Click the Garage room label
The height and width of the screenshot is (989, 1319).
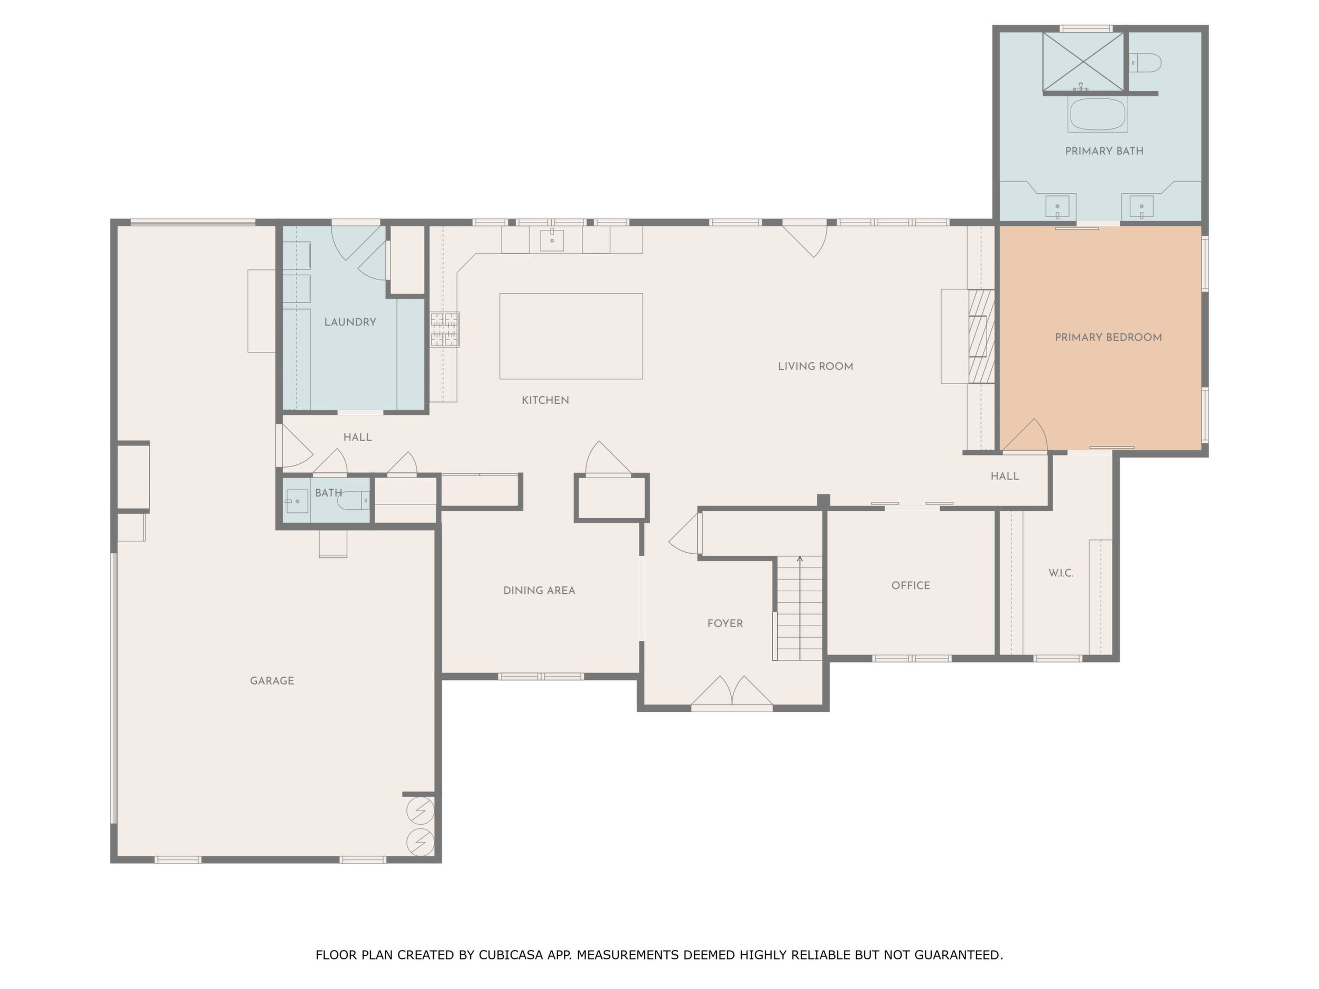[x=272, y=681]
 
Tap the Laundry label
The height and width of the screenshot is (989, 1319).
[x=350, y=322]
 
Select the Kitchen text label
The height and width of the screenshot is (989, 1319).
[x=545, y=400]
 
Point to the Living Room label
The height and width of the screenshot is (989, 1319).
[x=815, y=367]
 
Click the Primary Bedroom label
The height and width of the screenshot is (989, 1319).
[x=1108, y=338]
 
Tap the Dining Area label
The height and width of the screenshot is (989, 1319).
[x=539, y=591]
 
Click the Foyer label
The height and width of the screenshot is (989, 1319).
[x=725, y=623]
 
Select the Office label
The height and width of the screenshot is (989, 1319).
[x=911, y=585]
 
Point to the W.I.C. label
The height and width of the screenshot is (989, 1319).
[x=1061, y=573]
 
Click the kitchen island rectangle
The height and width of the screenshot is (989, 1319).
[x=571, y=336]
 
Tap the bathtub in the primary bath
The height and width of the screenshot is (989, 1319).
[x=1097, y=115]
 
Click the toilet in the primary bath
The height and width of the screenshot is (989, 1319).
[x=1146, y=62]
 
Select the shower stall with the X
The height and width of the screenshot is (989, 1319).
[x=1083, y=62]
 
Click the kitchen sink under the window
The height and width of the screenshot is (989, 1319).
[x=553, y=240]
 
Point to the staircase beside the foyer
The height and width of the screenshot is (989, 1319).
[x=798, y=609]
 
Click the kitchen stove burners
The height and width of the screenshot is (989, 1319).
[x=445, y=330]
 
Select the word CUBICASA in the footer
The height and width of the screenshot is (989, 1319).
[x=510, y=955]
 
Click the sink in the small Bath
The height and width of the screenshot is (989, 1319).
[x=296, y=501]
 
